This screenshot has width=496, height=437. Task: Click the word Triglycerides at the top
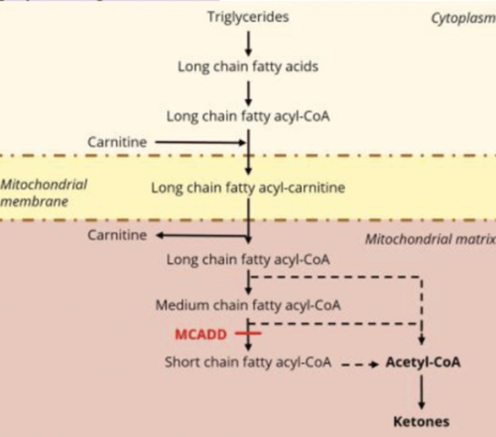248,17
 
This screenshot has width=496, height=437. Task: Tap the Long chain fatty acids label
248,67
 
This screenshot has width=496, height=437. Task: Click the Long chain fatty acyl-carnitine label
248,188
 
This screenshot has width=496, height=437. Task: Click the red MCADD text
201,334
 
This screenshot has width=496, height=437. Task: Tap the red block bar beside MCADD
248,333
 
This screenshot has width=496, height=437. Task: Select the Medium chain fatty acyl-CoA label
248,305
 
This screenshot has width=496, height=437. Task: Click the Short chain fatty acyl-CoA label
248,362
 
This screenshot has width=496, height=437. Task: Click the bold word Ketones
421,422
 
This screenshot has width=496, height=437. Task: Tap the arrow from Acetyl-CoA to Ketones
421,392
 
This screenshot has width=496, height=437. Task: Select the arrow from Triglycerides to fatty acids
248,43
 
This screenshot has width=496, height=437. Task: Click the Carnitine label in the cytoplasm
117,142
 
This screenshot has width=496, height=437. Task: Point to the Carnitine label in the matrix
117,235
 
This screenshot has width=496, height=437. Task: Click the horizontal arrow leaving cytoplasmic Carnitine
201,142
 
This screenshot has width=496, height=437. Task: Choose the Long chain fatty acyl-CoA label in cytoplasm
248,117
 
